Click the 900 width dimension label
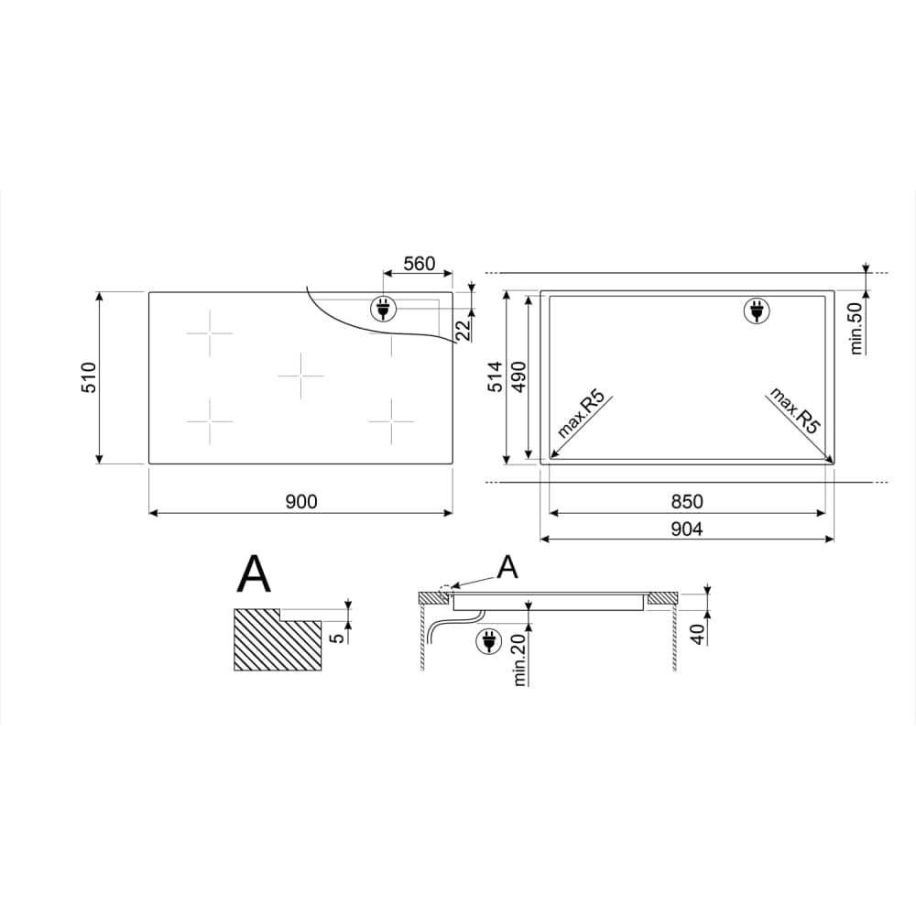pos(301,502)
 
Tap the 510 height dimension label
pos(88,377)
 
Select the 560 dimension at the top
pos(420,264)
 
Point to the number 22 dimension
pos(463,331)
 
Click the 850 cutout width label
pos(687,502)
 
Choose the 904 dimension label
pos(687,529)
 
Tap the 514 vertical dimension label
pos(495,376)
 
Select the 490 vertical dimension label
pos(518,376)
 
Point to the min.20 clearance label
pos(519,660)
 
